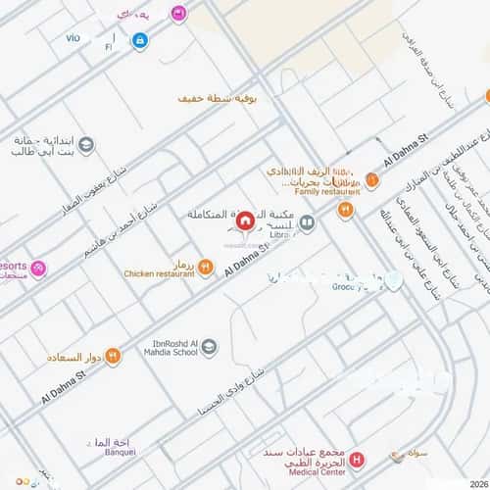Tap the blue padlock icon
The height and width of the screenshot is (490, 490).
140,41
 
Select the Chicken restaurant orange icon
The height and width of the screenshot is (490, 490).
205,267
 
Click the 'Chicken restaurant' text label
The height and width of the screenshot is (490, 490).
158,274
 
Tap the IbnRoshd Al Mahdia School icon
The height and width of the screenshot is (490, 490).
209,346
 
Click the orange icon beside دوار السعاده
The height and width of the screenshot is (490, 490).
112,358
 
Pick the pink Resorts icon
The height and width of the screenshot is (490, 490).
38,269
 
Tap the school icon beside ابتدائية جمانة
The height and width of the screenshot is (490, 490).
86,146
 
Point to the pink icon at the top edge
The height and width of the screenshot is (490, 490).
178,13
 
